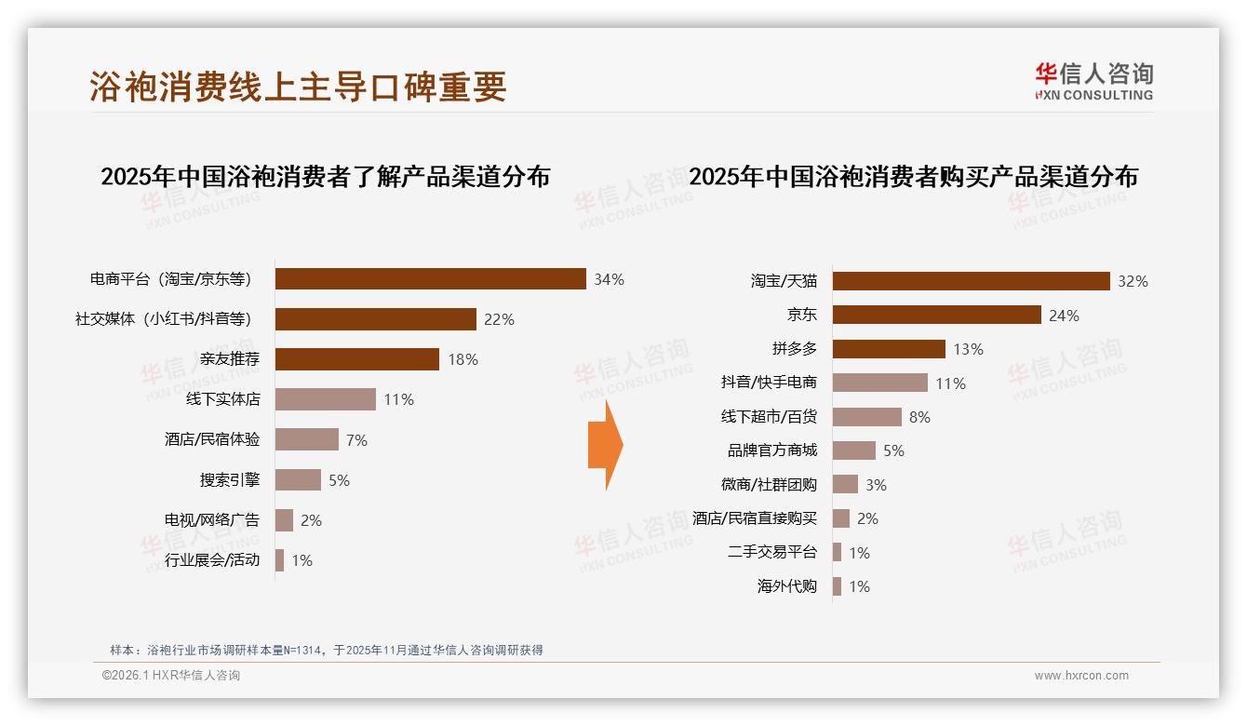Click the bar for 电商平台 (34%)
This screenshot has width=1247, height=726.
pyautogui.click(x=430, y=279)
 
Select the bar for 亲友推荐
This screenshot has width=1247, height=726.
pyautogui.click(x=356, y=359)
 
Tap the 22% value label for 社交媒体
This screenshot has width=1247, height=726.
pyautogui.click(x=499, y=319)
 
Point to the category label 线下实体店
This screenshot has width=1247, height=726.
pyautogui.click(x=223, y=399)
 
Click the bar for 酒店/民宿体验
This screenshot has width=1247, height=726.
pyautogui.click(x=307, y=439)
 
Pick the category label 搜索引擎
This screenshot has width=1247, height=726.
pyautogui.click(x=230, y=480)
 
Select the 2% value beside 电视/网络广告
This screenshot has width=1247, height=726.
pyautogui.click(x=311, y=520)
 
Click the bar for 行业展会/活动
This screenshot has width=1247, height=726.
pyautogui.click(x=279, y=560)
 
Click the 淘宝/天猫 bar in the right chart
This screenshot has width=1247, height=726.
pyautogui.click(x=971, y=281)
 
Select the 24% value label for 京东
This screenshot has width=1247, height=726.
pyautogui.click(x=1064, y=316)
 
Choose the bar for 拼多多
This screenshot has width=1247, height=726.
pyautogui.click(x=889, y=349)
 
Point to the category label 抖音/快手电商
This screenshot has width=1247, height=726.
pyautogui.click(x=769, y=383)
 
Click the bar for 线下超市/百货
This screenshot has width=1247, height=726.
pyautogui.click(x=866, y=417)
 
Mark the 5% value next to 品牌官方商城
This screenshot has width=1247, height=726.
pyautogui.click(x=893, y=450)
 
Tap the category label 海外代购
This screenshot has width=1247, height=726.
pyautogui.click(x=787, y=586)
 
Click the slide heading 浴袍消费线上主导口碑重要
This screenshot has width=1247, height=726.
pyautogui.click(x=298, y=87)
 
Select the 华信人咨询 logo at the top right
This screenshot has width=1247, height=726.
pyautogui.click(x=1093, y=81)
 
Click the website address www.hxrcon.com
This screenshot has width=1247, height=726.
pyautogui.click(x=1081, y=676)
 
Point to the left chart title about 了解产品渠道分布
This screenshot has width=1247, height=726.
pyautogui.click(x=325, y=176)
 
